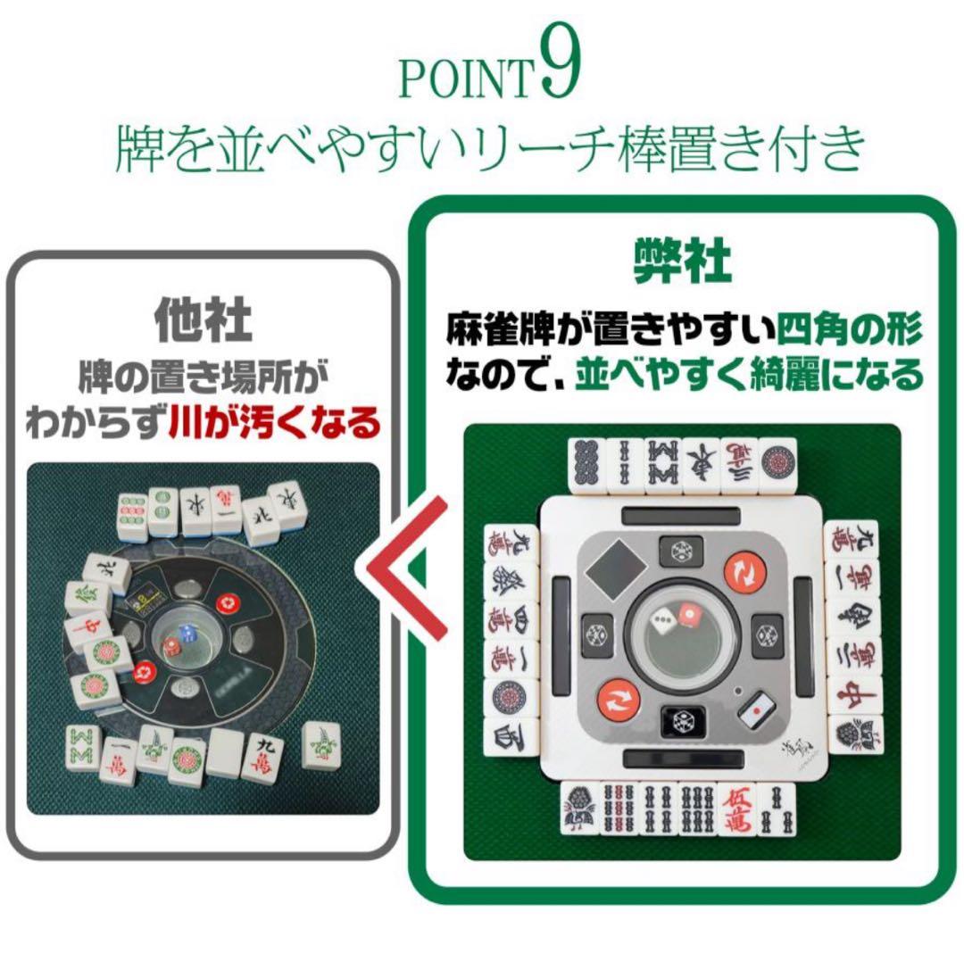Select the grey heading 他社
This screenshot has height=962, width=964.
click(x=203, y=318)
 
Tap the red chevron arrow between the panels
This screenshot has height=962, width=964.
click(x=407, y=569)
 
